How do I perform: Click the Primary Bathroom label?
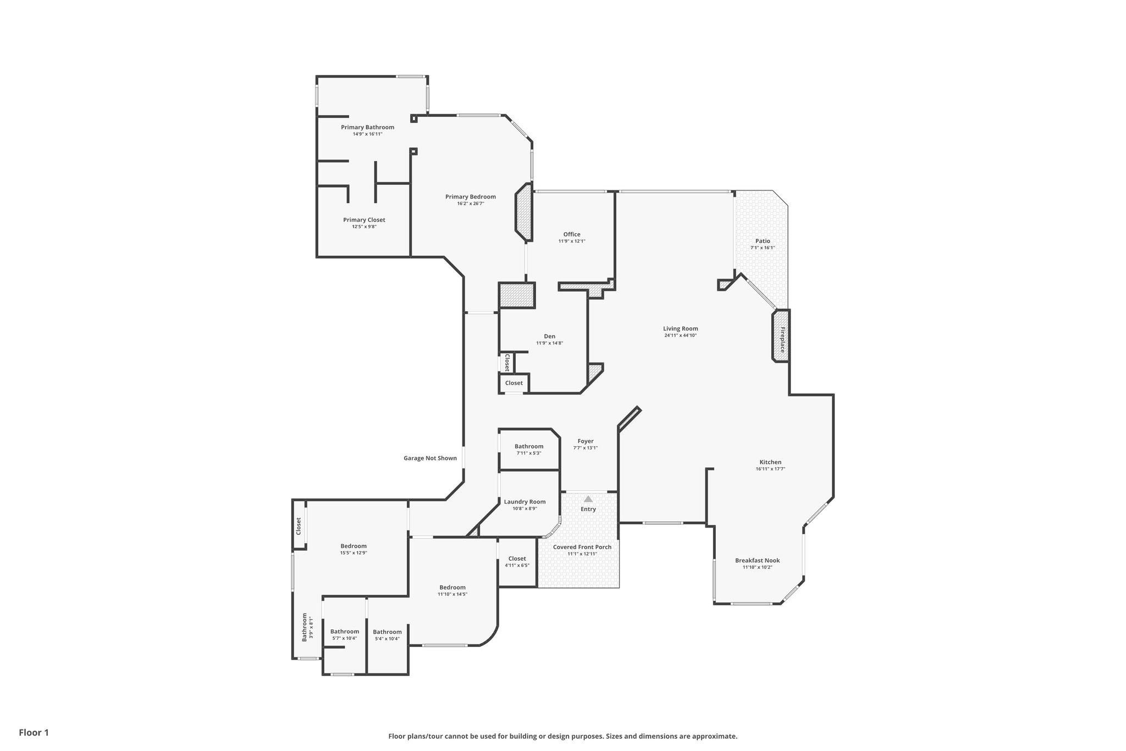(x=367, y=127)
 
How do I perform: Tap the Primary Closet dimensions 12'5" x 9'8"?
(x=364, y=227)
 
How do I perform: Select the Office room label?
(x=572, y=234)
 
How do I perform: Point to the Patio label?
(x=763, y=241)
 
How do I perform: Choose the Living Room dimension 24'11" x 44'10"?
(x=681, y=335)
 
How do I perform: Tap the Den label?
(x=549, y=336)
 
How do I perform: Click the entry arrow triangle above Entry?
(x=588, y=499)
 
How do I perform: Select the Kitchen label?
(x=770, y=462)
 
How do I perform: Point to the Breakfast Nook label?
(x=757, y=561)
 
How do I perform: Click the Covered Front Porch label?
(x=582, y=547)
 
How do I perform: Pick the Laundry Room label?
(x=525, y=502)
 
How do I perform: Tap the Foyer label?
(x=586, y=441)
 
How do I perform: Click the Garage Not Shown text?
(x=430, y=458)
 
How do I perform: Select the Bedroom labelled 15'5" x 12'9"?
(x=354, y=546)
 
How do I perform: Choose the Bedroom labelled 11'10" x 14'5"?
(x=452, y=587)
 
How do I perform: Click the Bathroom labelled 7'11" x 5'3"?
(x=529, y=446)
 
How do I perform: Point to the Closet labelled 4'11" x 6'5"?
(x=517, y=558)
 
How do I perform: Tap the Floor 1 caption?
(x=34, y=732)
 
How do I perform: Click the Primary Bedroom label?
(x=471, y=196)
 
